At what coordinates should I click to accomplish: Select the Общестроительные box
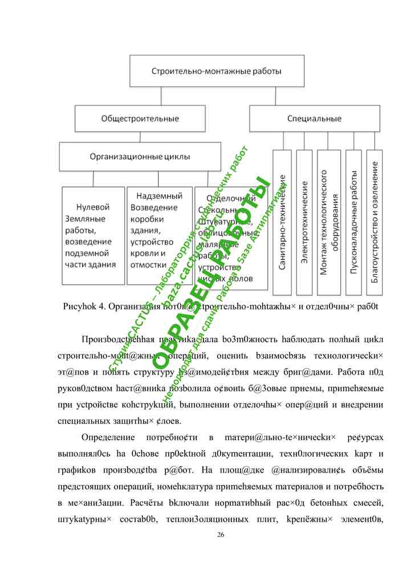click(140, 119)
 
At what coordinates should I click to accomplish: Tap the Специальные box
click(314, 119)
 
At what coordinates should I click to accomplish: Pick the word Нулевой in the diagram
click(93, 207)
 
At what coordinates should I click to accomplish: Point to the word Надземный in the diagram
click(152, 197)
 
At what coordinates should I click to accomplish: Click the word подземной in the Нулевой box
click(92, 253)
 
